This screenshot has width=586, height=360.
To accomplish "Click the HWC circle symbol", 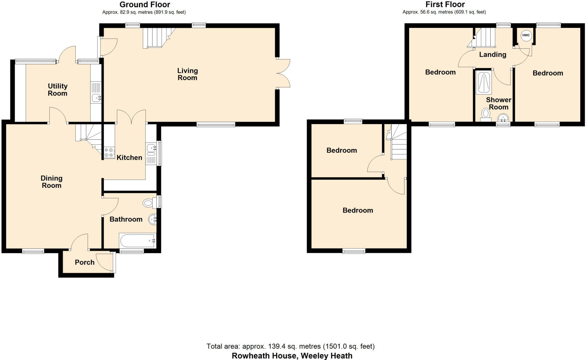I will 526,35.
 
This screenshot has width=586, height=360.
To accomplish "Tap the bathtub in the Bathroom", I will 137,241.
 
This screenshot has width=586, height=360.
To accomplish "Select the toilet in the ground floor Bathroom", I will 149,202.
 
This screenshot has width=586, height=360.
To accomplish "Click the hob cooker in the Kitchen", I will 109,153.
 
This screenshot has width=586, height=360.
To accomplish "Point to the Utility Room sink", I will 96,98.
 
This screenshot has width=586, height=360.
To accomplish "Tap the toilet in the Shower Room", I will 486,114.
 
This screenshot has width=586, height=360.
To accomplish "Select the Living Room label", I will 187,74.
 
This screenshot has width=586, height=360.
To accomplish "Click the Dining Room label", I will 51,182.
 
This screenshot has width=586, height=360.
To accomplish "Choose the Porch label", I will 85,262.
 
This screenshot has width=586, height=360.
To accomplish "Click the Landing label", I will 492,54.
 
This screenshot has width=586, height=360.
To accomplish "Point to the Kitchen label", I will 129,157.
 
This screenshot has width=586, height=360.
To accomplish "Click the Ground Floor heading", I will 145,5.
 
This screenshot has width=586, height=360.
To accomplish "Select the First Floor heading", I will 445,5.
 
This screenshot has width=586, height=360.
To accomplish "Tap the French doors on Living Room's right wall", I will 283,74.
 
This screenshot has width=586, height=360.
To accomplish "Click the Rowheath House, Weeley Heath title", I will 292,355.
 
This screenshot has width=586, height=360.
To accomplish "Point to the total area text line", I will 290,346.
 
